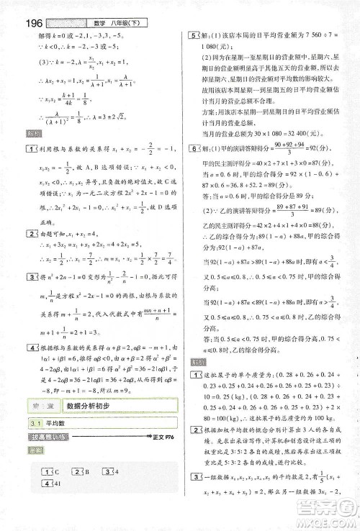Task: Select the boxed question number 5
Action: point(192,35)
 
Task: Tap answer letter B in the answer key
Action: point(88,471)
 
